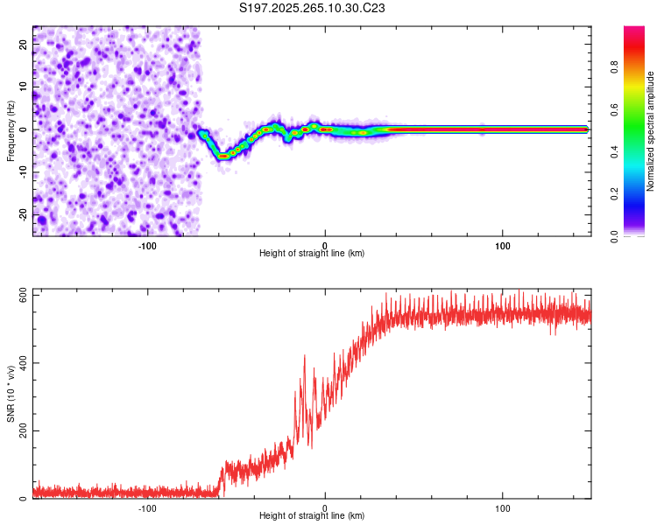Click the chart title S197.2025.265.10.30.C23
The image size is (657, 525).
(313, 9)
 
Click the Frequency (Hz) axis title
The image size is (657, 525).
(11, 132)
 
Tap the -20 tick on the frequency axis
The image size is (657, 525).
(25, 214)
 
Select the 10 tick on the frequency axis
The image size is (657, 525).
(25, 87)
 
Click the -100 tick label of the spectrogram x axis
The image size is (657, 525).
(147, 246)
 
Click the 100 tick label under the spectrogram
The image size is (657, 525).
(503, 246)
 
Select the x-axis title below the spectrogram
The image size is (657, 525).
(312, 254)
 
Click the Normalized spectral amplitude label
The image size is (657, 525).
(651, 131)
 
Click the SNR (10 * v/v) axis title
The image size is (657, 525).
(11, 394)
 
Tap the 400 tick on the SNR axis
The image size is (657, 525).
(23, 362)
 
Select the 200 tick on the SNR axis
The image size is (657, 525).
(23, 430)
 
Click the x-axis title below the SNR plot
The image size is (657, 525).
(312, 516)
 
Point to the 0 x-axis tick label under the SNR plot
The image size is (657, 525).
(325, 508)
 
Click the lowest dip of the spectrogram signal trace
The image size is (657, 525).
(223, 156)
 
